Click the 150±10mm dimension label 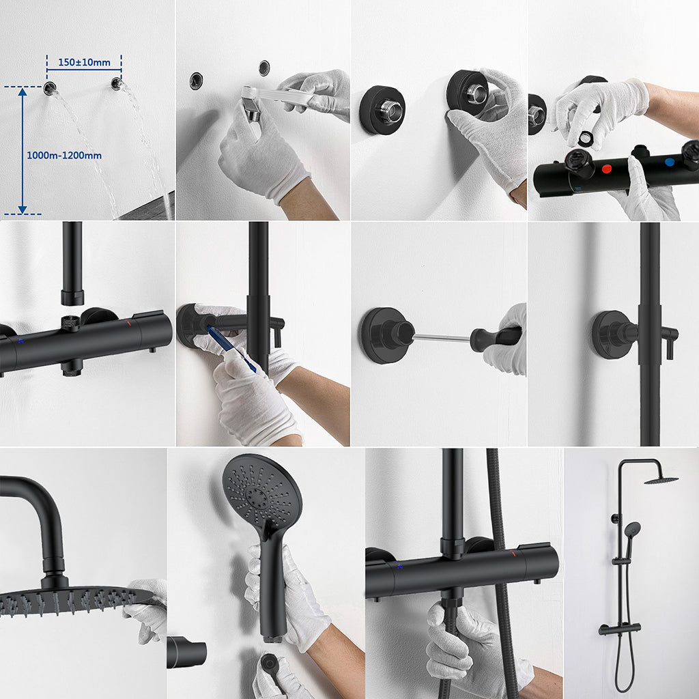click(84, 62)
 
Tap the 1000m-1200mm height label click(64, 156)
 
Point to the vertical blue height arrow click(23, 150)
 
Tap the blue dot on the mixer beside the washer click(670, 162)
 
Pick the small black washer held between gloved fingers click(585, 138)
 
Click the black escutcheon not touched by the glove click(382, 109)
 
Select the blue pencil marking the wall click(230, 348)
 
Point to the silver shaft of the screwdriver click(441, 337)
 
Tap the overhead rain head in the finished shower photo click(661, 480)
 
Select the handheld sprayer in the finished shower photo click(632, 530)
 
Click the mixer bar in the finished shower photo click(619, 628)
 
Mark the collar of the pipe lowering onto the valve click(72, 297)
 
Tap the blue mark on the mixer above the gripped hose click(399, 566)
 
